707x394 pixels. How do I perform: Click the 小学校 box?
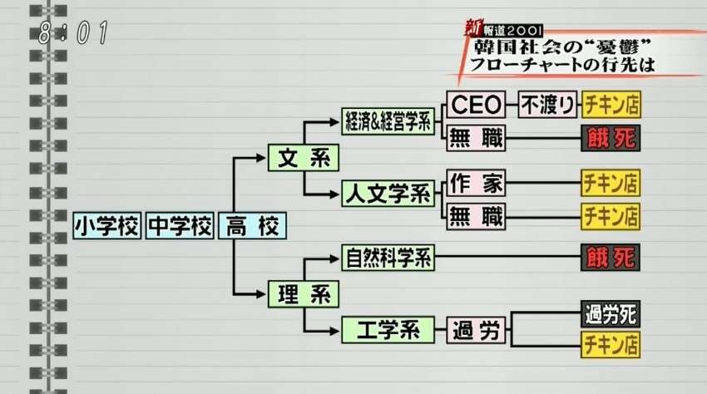click(x=106, y=225)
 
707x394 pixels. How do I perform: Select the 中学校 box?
click(x=180, y=225)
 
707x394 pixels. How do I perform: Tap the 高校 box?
click(x=252, y=225)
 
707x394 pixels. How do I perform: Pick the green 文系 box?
click(x=304, y=157)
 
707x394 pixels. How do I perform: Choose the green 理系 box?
click(x=304, y=294)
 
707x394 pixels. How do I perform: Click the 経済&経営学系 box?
click(x=388, y=121)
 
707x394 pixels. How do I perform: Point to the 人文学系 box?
click(x=388, y=194)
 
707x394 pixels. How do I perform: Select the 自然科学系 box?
click(x=388, y=258)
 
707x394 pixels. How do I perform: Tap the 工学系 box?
click(x=388, y=330)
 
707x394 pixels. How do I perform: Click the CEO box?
click(x=476, y=105)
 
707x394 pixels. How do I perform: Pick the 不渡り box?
click(x=548, y=105)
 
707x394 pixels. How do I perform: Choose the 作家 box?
click(x=476, y=183)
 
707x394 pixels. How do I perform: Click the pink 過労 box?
click(x=476, y=330)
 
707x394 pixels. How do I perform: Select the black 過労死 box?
click(x=611, y=314)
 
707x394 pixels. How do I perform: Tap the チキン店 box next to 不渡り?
click(x=611, y=105)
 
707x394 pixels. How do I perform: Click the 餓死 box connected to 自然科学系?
click(x=611, y=258)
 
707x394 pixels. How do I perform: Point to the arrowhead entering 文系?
click(x=260, y=158)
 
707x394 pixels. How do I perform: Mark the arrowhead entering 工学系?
click(x=334, y=332)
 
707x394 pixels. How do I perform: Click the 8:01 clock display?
click(x=73, y=32)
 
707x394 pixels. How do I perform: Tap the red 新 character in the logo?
click(x=473, y=28)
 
